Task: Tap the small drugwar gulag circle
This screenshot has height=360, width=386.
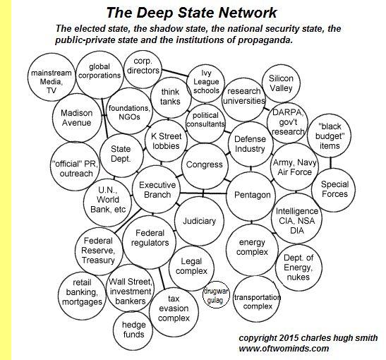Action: [216, 294]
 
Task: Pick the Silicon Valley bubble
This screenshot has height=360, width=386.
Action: [281, 83]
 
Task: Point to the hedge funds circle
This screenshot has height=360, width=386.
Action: [133, 330]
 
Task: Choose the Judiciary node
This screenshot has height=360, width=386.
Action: [200, 221]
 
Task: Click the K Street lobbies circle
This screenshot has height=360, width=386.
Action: [166, 140]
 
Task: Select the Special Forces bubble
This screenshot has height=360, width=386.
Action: [334, 190]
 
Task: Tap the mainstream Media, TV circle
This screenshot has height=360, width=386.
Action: [52, 78]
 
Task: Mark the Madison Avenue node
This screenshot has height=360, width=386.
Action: [77, 118]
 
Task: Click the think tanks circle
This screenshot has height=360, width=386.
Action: [171, 97]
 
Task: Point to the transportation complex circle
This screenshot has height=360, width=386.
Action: [257, 299]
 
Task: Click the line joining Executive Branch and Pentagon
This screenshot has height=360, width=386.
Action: [203, 193]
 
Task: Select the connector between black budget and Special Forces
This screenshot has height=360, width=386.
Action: [331, 162]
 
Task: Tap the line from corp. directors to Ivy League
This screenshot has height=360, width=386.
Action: [174, 73]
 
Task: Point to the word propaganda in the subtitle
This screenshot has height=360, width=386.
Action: [265, 40]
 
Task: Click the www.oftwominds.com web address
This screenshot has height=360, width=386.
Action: [284, 349]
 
